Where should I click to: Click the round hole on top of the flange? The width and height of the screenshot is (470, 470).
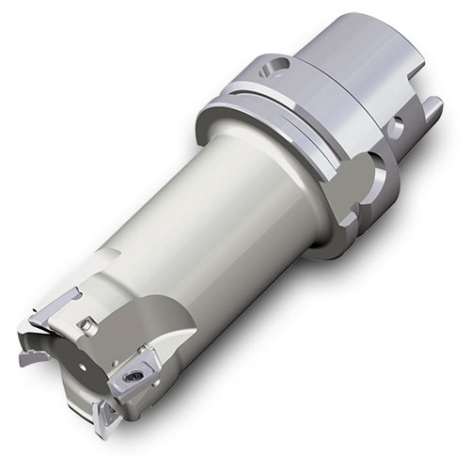click(274, 67)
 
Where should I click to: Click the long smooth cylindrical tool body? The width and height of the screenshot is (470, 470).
click(226, 226)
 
